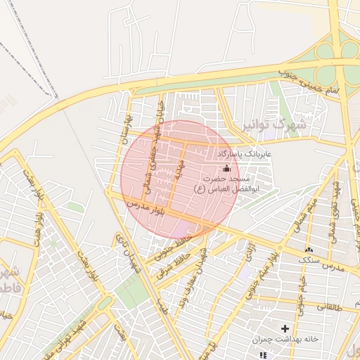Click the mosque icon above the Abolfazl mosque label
pos(226,168)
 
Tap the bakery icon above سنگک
pos(308,250)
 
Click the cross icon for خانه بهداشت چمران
pos(285,328)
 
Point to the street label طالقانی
pos(331,306)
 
